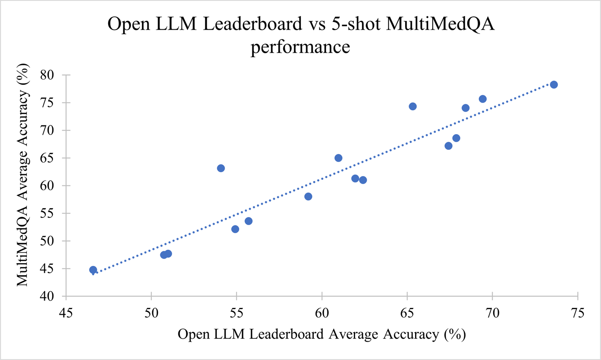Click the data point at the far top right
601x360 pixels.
(554, 84)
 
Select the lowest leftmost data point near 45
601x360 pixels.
(93, 270)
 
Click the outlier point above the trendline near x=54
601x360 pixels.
(221, 168)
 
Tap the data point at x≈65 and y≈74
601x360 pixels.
(413, 106)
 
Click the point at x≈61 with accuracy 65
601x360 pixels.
(339, 158)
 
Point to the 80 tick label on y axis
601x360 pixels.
(48, 75)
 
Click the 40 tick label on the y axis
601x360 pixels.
(48, 296)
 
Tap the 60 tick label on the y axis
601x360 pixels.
(48, 186)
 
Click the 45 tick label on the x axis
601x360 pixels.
(66, 313)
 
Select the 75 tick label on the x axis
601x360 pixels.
(577, 313)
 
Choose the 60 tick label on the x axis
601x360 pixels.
(322, 313)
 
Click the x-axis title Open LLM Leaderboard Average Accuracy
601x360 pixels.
(321, 334)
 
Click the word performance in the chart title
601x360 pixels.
(300, 47)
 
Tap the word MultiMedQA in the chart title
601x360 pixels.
(440, 24)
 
